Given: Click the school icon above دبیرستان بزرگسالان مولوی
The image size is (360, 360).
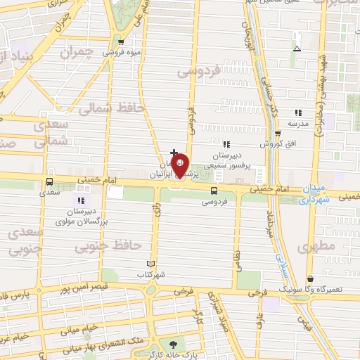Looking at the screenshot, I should pos(90,202).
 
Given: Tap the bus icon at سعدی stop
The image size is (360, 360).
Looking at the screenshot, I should pos(49,180).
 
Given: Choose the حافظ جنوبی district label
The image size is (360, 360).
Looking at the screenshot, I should pos(113,245).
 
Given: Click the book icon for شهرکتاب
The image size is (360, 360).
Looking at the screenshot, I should pos(143,265).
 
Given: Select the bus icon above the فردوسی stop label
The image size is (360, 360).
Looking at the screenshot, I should pos(214,190).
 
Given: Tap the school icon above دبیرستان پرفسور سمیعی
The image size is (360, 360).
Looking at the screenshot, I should pos(226,145).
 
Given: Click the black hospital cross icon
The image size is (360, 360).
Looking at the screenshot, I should pos(174,153).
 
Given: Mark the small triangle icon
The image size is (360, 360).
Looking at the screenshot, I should pos(297,49).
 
